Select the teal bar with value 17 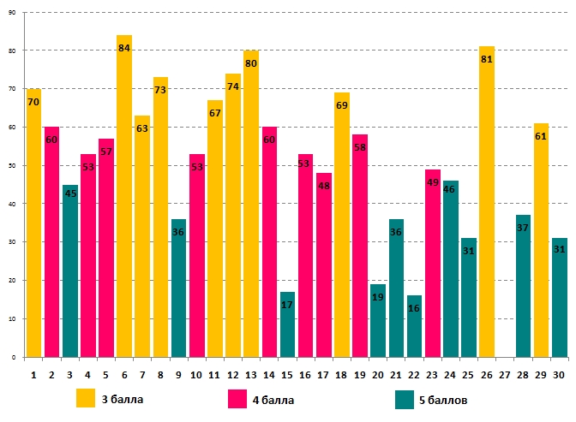286,324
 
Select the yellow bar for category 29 540,241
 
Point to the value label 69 341,105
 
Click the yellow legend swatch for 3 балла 86,398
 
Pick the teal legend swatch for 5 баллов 405,399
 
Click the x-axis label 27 504,374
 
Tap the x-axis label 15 286,374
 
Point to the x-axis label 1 33,374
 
